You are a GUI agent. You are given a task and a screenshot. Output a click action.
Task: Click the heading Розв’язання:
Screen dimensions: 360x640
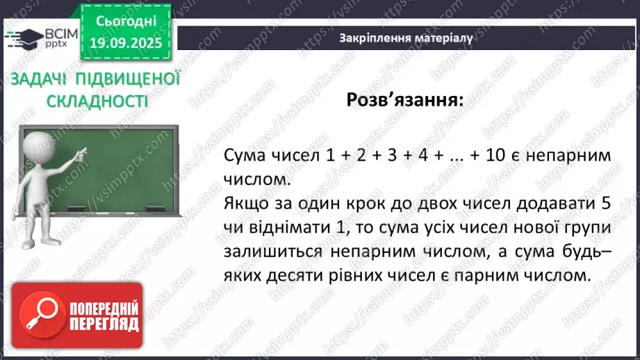(404, 100)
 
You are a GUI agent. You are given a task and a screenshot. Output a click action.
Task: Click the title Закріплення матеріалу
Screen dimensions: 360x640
(406, 38)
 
